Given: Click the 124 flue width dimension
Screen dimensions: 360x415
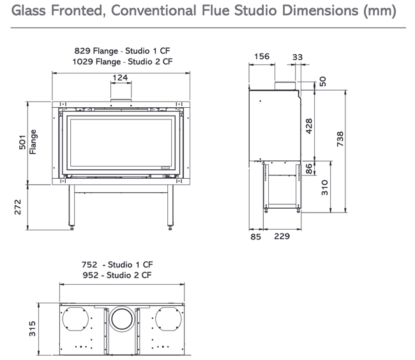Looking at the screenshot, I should [119, 78].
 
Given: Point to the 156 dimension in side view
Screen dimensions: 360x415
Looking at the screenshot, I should [262, 56].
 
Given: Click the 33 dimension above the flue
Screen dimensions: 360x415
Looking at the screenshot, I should [297, 56].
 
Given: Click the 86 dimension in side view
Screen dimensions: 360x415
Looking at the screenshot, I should [309, 169].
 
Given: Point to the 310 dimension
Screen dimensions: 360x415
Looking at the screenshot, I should [324, 187].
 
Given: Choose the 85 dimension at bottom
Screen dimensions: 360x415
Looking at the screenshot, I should [255, 236].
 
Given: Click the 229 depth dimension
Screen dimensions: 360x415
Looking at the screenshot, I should [282, 236].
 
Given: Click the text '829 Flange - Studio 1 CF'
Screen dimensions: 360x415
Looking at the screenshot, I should [123, 50].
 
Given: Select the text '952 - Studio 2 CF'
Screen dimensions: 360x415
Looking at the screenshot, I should [116, 276].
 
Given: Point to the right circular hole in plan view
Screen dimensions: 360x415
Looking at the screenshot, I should [169, 319].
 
